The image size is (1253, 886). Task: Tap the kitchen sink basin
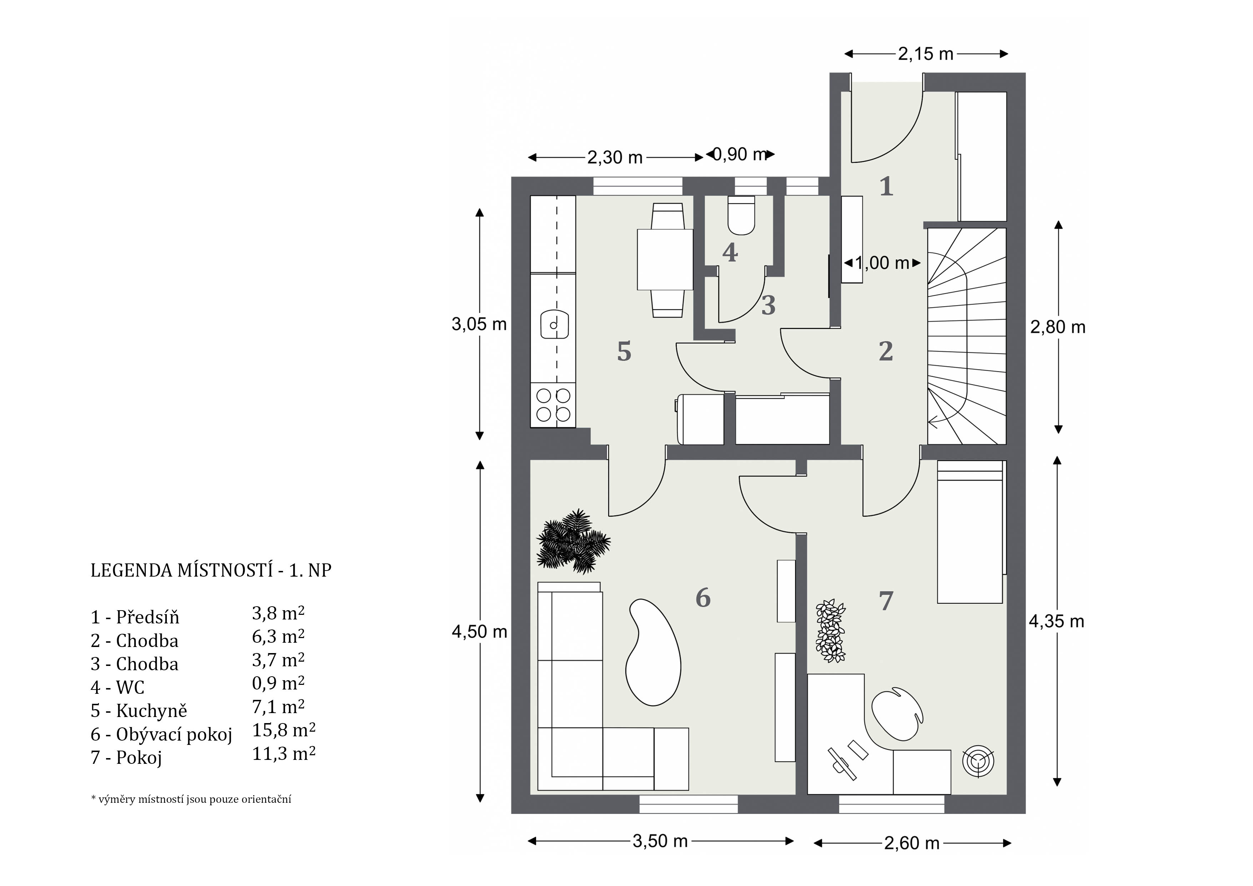pyautogui.click(x=554, y=325)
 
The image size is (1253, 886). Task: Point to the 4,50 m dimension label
pyautogui.click(x=479, y=632)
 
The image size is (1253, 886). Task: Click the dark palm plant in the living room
pyautogui.click(x=573, y=542)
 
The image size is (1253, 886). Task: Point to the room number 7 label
pyautogui.click(x=886, y=601)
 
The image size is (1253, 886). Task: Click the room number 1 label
pyautogui.click(x=886, y=186)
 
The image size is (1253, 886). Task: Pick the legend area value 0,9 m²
pyautogui.click(x=278, y=683)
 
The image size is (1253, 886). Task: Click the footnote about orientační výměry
pyautogui.click(x=191, y=799)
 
